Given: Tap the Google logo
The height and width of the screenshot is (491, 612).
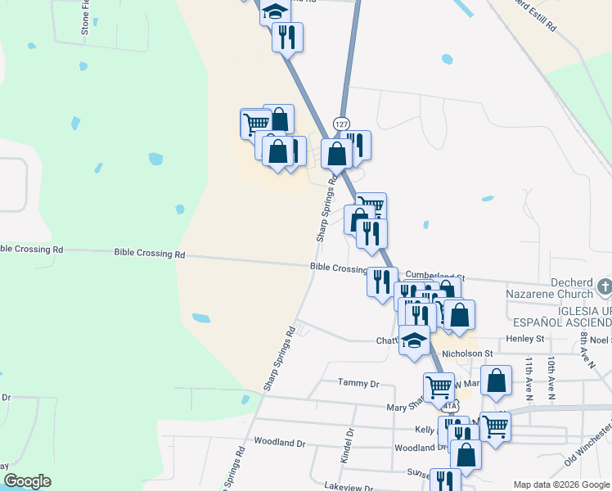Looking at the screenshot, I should (x=28, y=481).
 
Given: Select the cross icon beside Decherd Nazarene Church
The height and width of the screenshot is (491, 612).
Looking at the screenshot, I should (x=604, y=286).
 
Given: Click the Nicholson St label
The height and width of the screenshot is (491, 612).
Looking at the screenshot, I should (x=466, y=354).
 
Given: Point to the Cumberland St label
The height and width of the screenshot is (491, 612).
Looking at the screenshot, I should (x=434, y=277).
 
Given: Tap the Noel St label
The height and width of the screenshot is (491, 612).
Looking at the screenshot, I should (x=601, y=339).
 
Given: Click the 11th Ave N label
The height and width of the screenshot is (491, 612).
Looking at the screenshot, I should (x=529, y=377).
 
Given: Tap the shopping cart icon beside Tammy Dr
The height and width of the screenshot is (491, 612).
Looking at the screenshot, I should (x=439, y=385).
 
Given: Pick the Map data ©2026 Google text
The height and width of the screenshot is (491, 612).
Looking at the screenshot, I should (x=560, y=484).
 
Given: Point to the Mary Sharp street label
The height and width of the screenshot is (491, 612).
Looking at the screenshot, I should (x=408, y=406).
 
